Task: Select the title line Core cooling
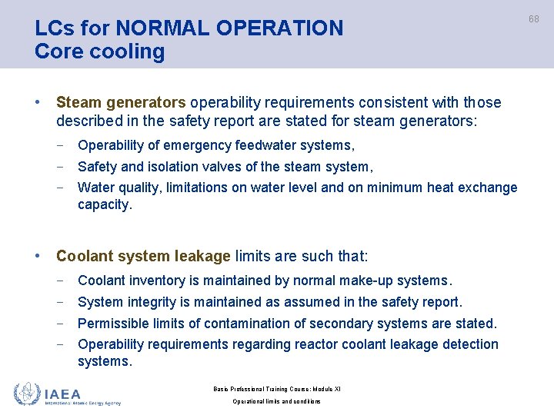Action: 100,52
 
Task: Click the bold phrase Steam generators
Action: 121,102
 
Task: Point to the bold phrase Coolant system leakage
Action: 143,256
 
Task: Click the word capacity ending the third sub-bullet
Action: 104,205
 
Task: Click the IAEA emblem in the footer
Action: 27,394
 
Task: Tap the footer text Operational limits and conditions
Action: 276,402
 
